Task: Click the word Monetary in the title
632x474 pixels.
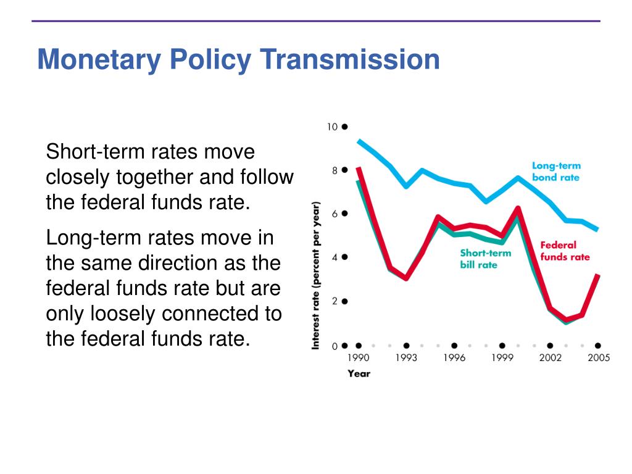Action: coord(99,60)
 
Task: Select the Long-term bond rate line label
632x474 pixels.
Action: coord(556,172)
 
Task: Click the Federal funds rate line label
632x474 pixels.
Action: coord(565,251)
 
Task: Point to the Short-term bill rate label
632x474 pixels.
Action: coord(485,259)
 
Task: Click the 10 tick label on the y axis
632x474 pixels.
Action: coord(332,127)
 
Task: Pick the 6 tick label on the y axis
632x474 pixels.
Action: coord(335,214)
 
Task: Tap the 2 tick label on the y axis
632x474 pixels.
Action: coord(335,301)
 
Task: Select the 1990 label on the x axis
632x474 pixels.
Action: coord(359,357)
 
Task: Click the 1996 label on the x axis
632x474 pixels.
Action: coord(454,357)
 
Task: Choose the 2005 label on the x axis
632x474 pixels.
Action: coord(599,357)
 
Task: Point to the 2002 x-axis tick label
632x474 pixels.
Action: coord(550,357)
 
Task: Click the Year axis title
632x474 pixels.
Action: coord(359,373)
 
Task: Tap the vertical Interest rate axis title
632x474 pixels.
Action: coord(315,275)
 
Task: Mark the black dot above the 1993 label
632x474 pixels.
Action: coord(406,346)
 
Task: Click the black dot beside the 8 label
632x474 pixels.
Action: coord(344,170)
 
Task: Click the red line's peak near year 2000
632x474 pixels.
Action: coord(518,208)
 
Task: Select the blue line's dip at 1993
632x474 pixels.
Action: coord(406,186)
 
